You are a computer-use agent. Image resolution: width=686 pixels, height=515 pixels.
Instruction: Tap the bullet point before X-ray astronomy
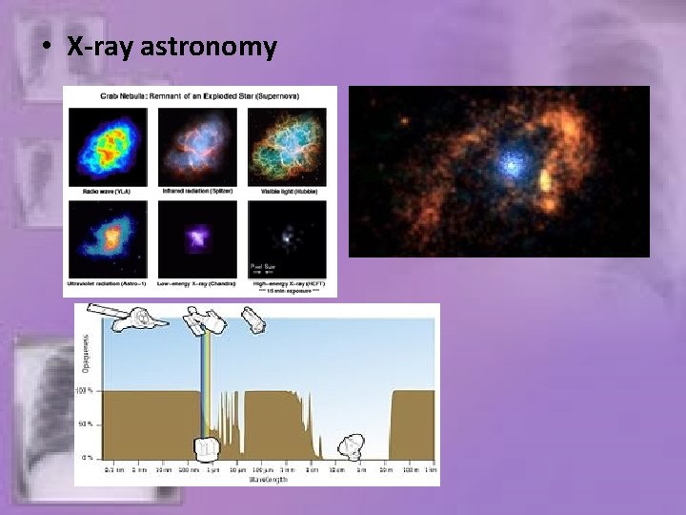click(x=48, y=48)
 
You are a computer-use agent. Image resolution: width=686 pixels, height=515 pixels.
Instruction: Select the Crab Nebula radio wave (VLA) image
click(x=107, y=145)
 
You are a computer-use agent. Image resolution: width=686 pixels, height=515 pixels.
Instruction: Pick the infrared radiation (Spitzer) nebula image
click(x=197, y=145)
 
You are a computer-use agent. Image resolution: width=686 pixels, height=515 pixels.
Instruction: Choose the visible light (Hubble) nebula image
click(x=287, y=145)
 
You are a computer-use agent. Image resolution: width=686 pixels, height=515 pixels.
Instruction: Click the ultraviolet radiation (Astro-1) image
click(x=107, y=238)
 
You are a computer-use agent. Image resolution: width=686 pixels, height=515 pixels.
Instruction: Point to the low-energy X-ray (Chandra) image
click(x=197, y=238)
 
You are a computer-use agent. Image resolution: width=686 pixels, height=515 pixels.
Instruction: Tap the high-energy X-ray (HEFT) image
click(x=287, y=238)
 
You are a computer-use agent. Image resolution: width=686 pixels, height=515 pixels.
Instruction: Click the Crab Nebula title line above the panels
click(x=199, y=95)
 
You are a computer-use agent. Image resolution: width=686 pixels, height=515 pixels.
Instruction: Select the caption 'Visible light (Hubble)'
click(x=286, y=191)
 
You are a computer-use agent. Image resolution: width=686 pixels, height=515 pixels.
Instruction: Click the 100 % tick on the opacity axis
click(x=84, y=391)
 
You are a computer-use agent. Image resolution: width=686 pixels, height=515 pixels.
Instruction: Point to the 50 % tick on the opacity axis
click(x=85, y=424)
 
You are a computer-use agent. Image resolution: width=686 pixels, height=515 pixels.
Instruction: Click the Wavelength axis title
click(x=258, y=479)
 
